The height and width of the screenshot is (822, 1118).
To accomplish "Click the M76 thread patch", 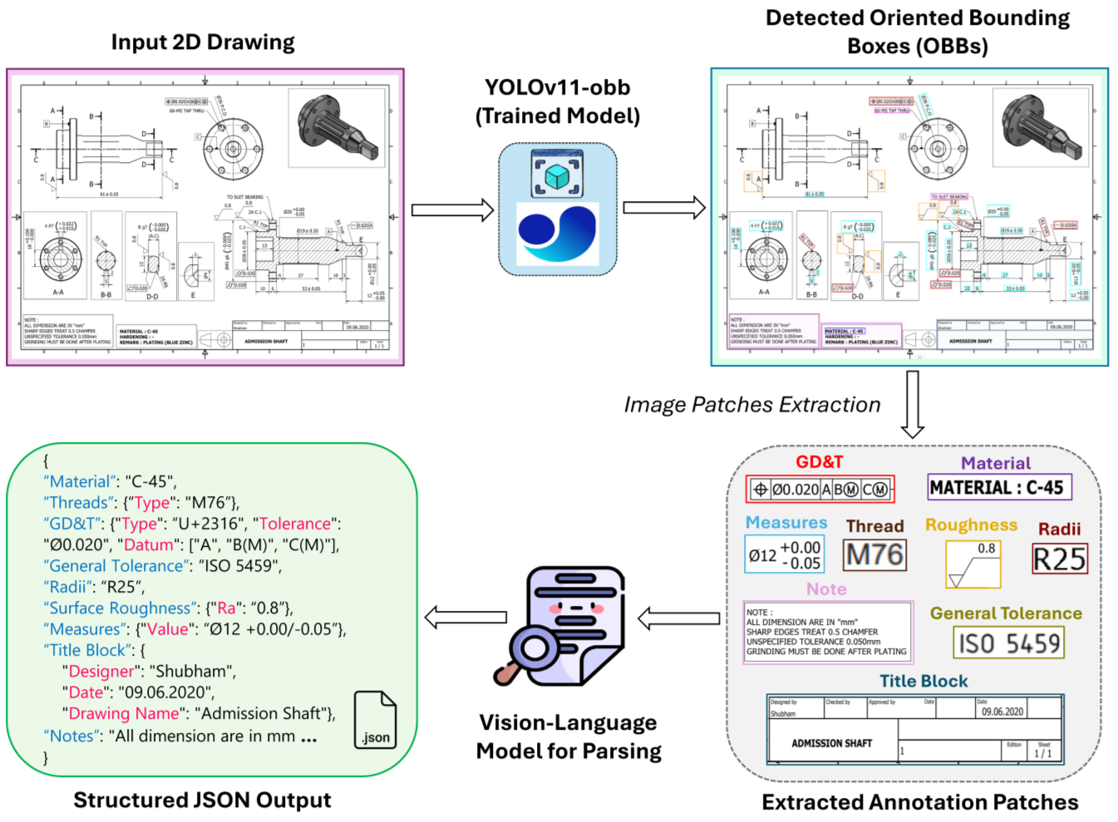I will point(874,555).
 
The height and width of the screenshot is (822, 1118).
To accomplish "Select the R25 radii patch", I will point(1059,559).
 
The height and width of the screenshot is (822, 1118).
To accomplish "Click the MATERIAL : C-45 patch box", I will point(999,488).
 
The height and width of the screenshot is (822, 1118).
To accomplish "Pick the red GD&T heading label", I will point(819,462).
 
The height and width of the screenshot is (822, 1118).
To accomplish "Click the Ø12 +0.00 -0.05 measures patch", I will point(785,555).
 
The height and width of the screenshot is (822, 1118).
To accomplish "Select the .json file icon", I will point(375,720).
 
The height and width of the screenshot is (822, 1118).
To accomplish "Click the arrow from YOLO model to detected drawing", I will point(663,209).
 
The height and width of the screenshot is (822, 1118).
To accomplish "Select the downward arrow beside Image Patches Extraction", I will point(913,405).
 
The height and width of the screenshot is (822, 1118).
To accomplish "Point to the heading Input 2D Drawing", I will point(203,42).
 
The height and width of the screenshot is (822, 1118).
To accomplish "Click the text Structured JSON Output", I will point(202,800).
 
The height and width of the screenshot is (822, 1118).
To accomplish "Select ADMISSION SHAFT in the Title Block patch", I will point(831,743).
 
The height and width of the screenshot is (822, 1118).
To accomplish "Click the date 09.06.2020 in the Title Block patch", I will point(1002,711).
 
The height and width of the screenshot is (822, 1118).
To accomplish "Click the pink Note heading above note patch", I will point(826,589).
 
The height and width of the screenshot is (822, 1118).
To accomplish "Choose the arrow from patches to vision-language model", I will point(678,618).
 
